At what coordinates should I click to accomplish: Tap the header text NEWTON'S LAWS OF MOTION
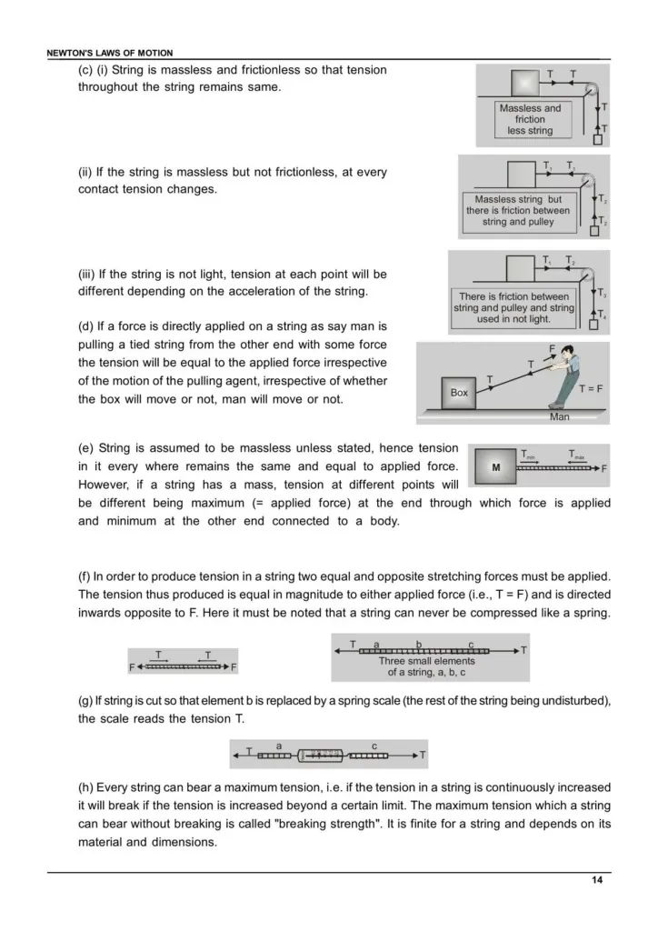[109, 54]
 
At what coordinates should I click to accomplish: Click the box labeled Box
[459, 393]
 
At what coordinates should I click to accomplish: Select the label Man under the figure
[559, 417]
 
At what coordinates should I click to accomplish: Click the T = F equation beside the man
[592, 388]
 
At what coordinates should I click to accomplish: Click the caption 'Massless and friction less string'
[530, 119]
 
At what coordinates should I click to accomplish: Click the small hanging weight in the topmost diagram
[598, 139]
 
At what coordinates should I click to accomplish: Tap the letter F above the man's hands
[552, 348]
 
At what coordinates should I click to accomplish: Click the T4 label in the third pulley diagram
[603, 315]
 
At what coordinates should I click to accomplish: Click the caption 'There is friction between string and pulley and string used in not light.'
[513, 308]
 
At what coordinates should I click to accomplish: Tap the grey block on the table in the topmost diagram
[525, 84]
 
